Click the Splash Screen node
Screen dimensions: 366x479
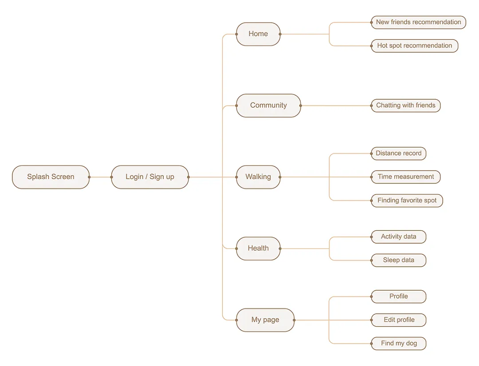click(51, 177)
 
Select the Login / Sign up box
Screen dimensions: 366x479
click(150, 177)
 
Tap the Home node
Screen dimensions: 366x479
click(258, 34)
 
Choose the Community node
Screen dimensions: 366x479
click(268, 105)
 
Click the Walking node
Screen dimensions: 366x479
click(258, 177)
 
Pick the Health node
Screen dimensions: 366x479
click(258, 248)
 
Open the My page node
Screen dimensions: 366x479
click(265, 320)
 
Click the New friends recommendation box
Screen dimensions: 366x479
click(418, 22)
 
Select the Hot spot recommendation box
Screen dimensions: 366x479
click(414, 46)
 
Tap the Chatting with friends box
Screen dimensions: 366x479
click(405, 105)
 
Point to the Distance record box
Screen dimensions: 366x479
click(398, 153)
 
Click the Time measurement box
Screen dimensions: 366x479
click(405, 177)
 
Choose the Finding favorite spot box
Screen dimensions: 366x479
click(407, 200)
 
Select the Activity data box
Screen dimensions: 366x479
click(398, 237)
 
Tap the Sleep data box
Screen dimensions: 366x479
click(398, 260)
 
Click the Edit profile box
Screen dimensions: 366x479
click(399, 320)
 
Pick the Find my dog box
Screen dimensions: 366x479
click(399, 343)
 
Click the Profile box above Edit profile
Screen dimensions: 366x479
click(398, 296)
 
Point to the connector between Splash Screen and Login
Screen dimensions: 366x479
click(100, 177)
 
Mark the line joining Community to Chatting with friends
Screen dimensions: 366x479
click(336, 105)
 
